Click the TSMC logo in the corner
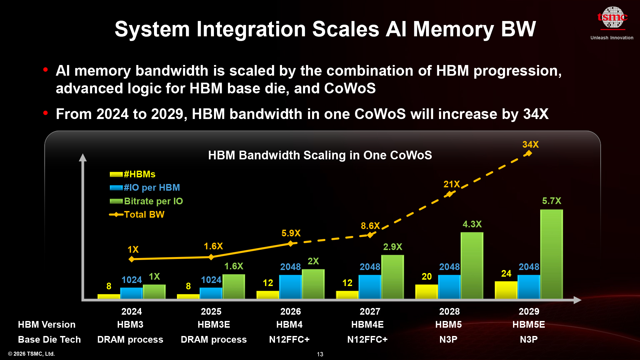tap(612, 18)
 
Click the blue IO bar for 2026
tap(290, 287)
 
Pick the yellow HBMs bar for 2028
tap(426, 292)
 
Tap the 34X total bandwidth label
tap(530, 145)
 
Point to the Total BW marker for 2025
tap(211, 257)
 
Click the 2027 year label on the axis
tap(370, 312)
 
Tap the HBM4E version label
tap(367, 325)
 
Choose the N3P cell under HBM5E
tap(529, 340)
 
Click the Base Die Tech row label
tap(49, 340)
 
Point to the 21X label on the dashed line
tap(451, 184)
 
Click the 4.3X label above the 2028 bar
tap(472, 224)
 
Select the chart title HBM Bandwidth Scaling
tap(320, 155)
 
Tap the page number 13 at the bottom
tap(320, 354)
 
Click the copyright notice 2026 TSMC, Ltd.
tap(31, 354)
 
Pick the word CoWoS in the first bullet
tap(350, 89)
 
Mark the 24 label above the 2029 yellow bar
tap(506, 274)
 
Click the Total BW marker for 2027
tap(370, 235)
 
